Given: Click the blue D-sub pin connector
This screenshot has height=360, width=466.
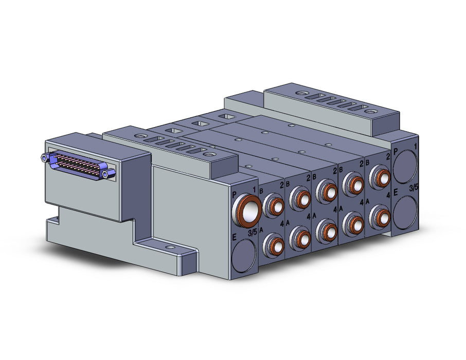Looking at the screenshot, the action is click(78, 165).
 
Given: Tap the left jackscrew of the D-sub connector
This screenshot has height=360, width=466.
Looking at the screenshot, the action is click(45, 157).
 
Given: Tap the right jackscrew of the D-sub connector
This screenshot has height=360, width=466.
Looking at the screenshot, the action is click(110, 173).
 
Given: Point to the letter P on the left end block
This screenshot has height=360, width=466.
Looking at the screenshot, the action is click(234, 195).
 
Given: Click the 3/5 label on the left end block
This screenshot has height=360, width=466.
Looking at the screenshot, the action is click(253, 233).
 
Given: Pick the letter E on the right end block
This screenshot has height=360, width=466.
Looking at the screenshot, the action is click(396, 193).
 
